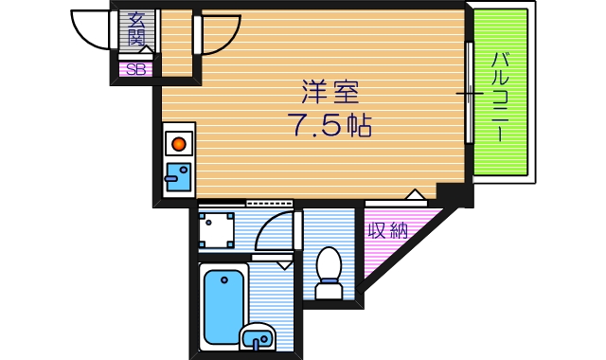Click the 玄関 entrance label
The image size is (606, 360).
[136, 28]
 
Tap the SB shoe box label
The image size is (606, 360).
[135, 68]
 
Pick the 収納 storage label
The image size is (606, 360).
[387, 230]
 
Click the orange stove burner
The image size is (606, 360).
[177, 145]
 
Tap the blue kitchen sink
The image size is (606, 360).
[177, 176]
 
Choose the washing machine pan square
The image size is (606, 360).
[218, 229]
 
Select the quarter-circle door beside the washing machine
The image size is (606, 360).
[274, 231]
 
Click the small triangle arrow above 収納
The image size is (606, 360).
[414, 195]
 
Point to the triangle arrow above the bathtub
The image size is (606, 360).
[283, 265]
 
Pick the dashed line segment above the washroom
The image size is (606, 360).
[269, 203]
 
